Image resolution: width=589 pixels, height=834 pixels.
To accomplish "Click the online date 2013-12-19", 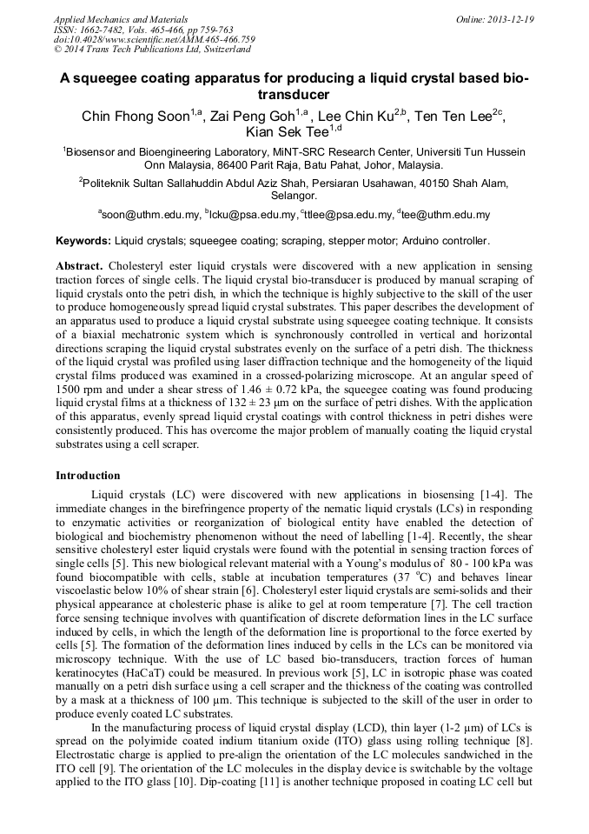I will click(512, 19).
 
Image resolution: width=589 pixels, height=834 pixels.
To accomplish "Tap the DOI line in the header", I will click(155, 40).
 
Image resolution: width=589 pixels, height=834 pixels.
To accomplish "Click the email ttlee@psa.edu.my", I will click(345, 215).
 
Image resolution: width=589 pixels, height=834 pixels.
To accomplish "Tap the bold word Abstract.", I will click(79, 264).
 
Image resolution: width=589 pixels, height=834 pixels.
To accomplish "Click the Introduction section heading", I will click(88, 476).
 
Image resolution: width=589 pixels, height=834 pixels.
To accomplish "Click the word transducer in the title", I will click(294, 94).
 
